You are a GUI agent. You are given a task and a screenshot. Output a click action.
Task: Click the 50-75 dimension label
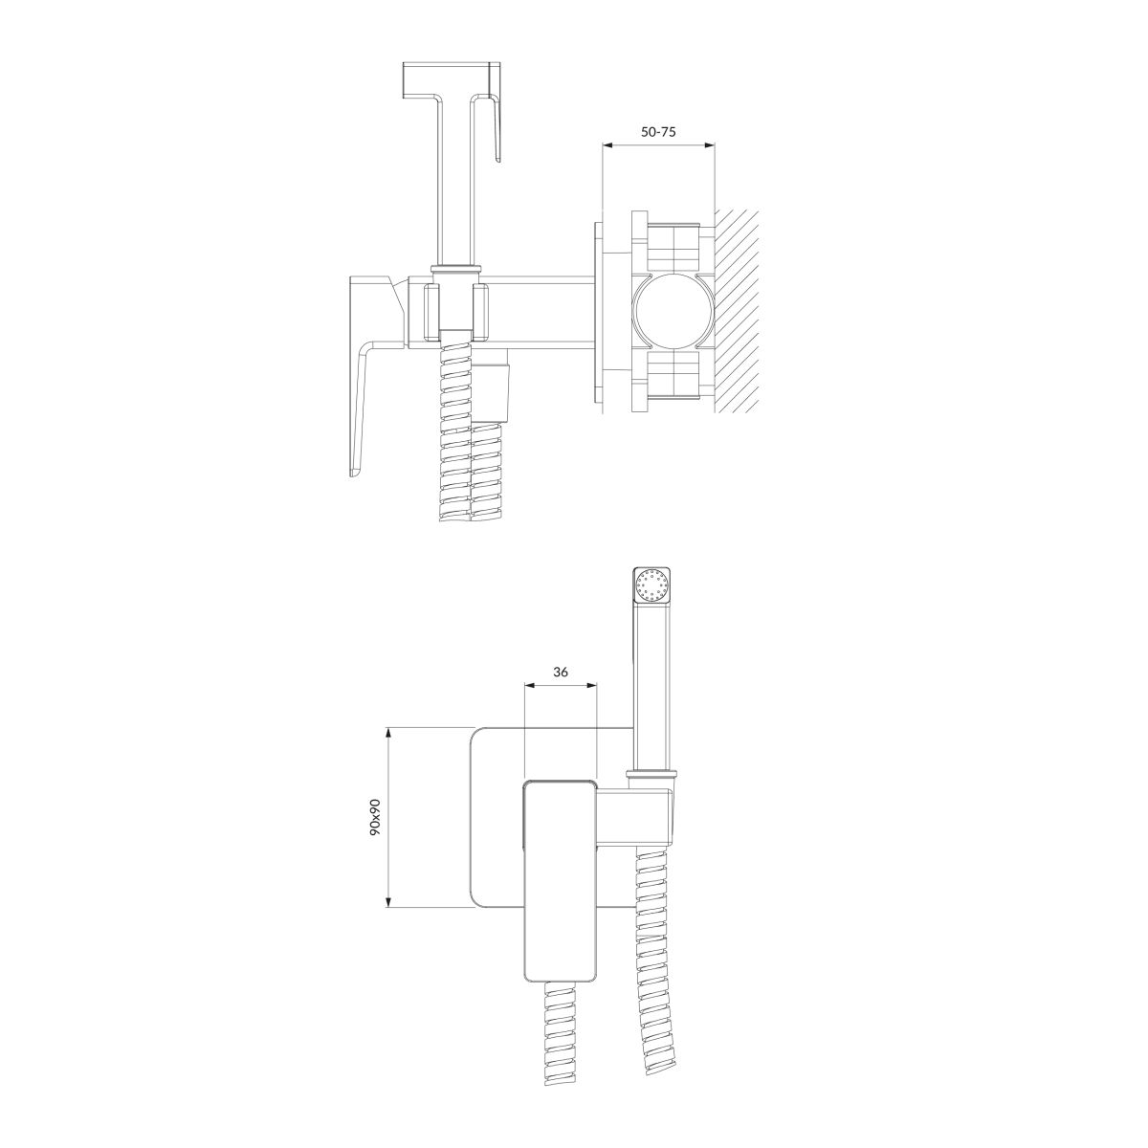point(658,132)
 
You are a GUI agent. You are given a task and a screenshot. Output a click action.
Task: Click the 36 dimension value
point(560,672)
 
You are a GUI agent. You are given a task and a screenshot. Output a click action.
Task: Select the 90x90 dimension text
point(375,817)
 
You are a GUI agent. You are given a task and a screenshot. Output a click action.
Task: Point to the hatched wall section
point(737,310)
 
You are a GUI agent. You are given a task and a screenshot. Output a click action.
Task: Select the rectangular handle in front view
point(560,882)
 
